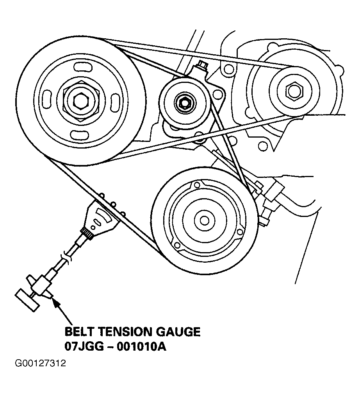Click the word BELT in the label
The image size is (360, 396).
point(79,332)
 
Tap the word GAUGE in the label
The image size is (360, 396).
point(180,332)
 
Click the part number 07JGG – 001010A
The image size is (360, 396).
point(115,347)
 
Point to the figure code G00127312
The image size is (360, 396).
point(40,364)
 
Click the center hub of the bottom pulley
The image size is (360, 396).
point(204,220)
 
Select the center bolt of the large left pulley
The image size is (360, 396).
point(81,99)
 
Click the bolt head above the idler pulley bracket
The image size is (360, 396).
point(202,65)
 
